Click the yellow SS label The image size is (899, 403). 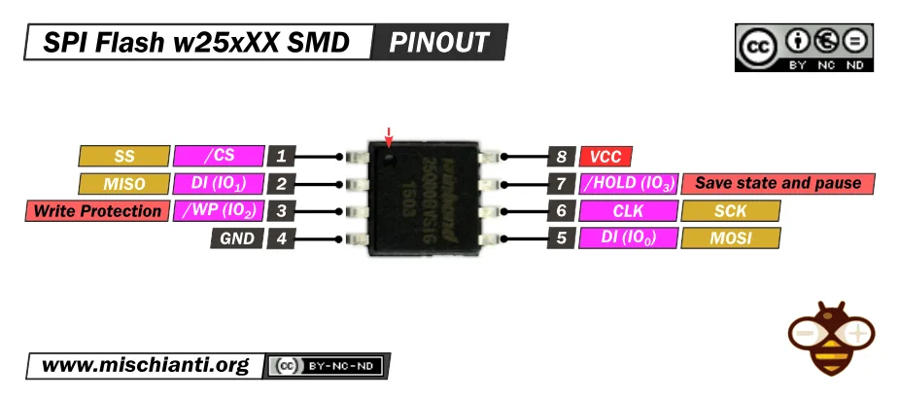pos(123,156)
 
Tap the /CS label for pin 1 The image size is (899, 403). pos(219,156)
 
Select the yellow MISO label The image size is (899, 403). pos(123,183)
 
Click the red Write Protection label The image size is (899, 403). pos(96,211)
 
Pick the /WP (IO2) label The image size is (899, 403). pos(219,211)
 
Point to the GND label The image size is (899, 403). pos(237,238)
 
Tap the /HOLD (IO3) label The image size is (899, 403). pos(628,183)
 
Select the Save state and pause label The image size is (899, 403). pos(778,183)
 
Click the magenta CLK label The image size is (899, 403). pos(628,210)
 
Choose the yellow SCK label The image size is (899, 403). pos(731,210)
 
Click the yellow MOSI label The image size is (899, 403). pos(731,238)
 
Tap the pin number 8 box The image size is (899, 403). pos(561,156)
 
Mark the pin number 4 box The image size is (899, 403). pos(281,238)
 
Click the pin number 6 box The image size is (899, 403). pos(561,210)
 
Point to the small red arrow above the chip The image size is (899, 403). pos(390,135)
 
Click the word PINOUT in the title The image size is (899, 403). pos(439,43)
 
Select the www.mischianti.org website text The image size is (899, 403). pos(146,366)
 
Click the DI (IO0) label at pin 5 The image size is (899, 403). pos(628,238)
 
